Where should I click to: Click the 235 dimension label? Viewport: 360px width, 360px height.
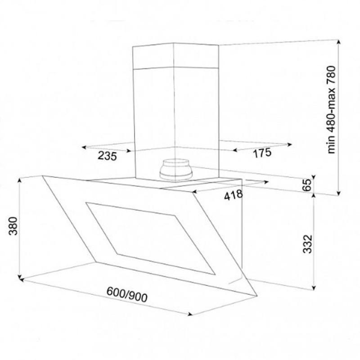108,156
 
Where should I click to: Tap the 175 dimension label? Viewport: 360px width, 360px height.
262,153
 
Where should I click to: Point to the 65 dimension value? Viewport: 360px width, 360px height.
307,184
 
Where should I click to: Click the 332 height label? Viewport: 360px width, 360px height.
308,244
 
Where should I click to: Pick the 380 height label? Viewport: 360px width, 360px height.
13,226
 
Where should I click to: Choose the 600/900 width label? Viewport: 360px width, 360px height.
127,295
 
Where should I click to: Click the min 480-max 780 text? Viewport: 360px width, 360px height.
331,110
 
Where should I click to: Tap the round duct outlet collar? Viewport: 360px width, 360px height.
176,170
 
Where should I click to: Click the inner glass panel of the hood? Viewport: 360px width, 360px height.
150,238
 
